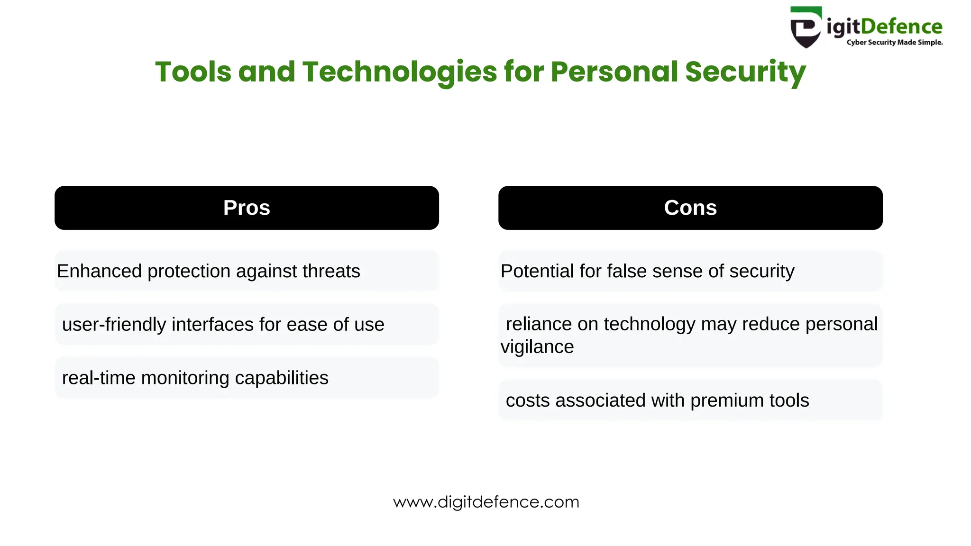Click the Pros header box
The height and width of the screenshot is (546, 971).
[x=247, y=208]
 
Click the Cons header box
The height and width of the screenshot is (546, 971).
[x=690, y=208]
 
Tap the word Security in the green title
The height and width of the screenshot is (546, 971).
[x=745, y=72]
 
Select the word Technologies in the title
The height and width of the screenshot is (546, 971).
[x=400, y=72]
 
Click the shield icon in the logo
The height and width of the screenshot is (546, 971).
[x=805, y=27]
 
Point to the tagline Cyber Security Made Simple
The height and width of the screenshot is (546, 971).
[x=894, y=43]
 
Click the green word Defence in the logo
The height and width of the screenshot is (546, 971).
[x=901, y=27]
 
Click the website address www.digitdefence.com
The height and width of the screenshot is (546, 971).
[x=486, y=502]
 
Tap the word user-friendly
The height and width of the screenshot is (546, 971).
[x=114, y=325]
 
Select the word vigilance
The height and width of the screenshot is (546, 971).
[x=537, y=347]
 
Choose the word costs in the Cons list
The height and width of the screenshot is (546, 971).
[x=528, y=400]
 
